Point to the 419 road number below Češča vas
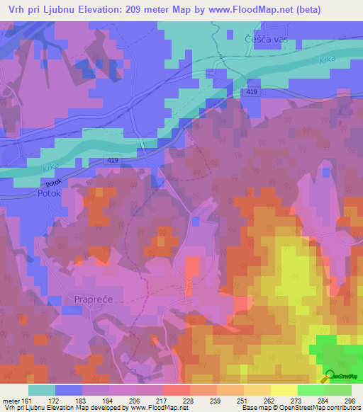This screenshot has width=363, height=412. tap(253, 93)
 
